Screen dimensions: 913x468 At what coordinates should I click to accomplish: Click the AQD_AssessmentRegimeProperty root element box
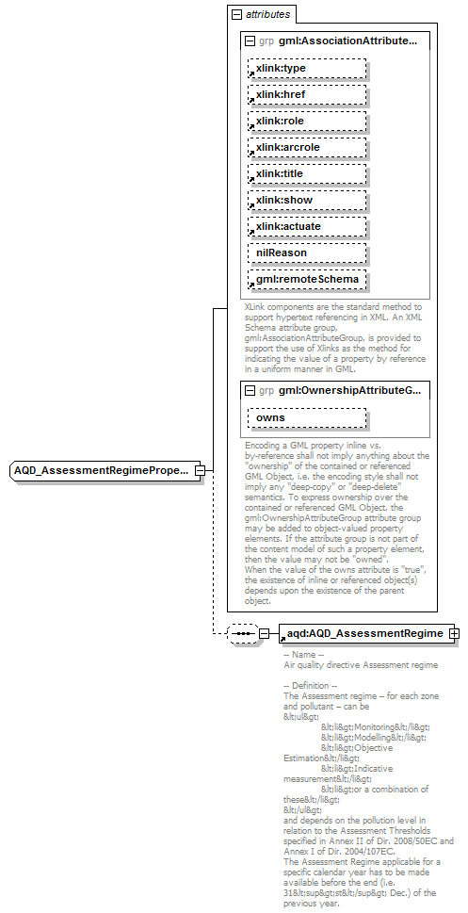(x=102, y=469)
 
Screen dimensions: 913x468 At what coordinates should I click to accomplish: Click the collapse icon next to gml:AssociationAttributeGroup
(x=250, y=41)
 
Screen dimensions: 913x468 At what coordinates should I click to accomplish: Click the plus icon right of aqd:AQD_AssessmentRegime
(x=455, y=633)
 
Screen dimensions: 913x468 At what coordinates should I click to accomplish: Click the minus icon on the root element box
(x=199, y=469)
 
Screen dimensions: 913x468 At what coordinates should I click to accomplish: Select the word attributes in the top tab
(x=267, y=15)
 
